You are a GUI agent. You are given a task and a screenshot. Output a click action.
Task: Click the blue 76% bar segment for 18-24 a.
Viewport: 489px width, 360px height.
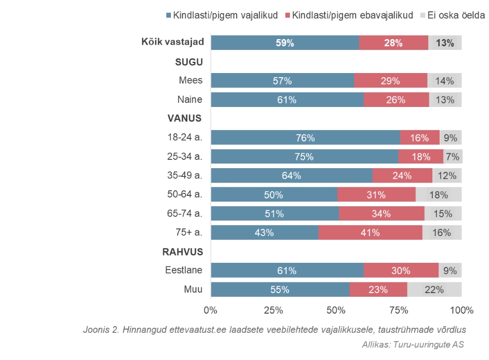click(305, 138)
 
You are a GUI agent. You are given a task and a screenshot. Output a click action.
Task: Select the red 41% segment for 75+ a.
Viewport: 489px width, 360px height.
click(370, 232)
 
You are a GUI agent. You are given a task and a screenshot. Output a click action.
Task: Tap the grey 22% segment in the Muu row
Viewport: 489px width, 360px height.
click(434, 290)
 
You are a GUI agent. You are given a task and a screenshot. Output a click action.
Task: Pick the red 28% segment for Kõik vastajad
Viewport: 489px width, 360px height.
click(393, 43)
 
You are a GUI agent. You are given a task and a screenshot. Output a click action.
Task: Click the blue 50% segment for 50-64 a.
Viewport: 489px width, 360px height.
click(274, 195)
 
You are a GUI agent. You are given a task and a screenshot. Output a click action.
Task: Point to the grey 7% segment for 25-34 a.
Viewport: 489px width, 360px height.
click(452, 157)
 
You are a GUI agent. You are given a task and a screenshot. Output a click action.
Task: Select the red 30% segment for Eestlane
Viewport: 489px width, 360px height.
click(400, 271)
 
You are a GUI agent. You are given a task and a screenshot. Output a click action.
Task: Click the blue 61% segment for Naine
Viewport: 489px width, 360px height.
click(287, 100)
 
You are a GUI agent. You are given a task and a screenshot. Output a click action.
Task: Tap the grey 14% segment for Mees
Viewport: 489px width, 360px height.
click(444, 81)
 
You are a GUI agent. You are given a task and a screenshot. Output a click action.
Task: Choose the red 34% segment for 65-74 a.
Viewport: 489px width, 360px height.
click(381, 213)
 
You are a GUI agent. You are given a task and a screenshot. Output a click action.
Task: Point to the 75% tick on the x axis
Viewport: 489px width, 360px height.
click(399, 310)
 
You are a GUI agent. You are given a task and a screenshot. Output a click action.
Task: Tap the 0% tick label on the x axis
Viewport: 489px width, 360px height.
click(211, 310)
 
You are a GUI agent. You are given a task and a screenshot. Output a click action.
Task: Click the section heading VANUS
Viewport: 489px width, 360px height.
click(184, 118)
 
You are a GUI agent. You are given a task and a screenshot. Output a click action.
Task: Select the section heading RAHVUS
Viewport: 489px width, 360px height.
click(182, 251)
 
